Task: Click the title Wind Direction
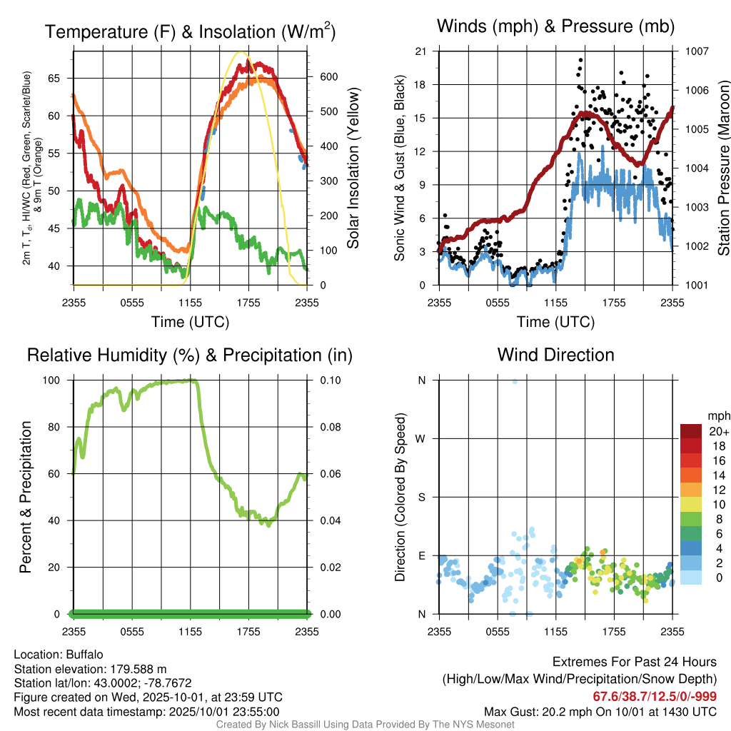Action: click(x=555, y=355)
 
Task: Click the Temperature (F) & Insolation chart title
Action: click(x=190, y=32)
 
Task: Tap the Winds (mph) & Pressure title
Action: click(x=555, y=27)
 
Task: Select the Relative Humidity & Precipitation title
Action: click(x=190, y=355)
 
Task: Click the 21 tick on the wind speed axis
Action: click(x=420, y=51)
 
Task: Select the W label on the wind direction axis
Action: click(x=422, y=438)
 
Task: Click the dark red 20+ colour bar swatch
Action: click(x=691, y=431)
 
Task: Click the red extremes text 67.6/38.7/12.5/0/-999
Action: click(x=655, y=696)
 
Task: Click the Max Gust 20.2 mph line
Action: click(x=600, y=711)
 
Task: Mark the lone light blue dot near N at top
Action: click(x=515, y=381)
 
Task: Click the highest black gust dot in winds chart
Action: click(x=581, y=60)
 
